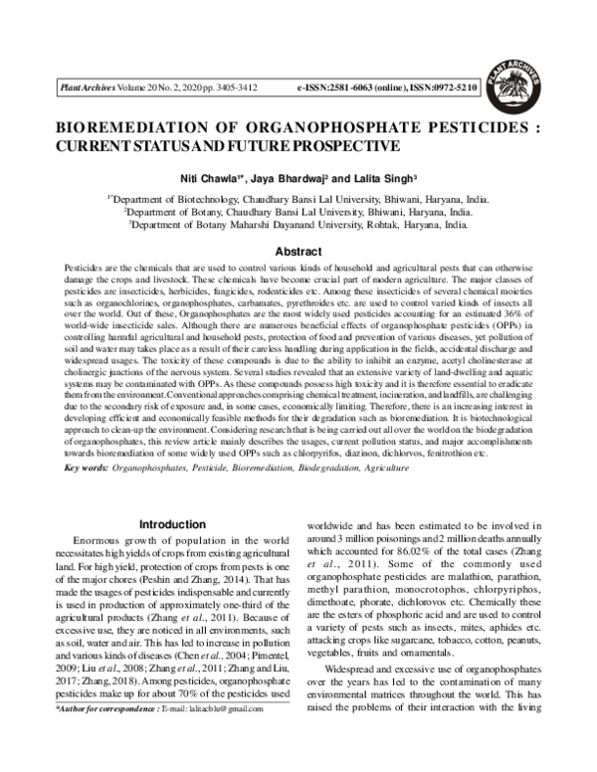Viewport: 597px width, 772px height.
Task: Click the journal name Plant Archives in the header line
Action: [90, 89]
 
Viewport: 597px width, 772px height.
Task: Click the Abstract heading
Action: [298, 252]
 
